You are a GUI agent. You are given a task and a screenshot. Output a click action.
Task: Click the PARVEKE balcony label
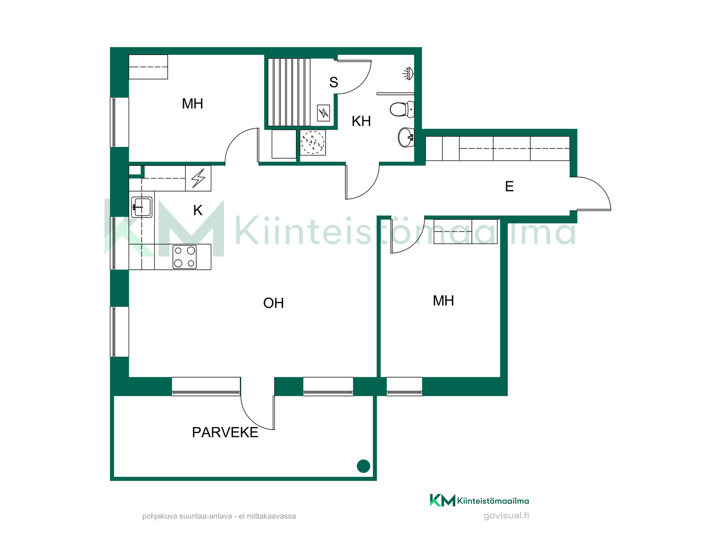[x=225, y=432]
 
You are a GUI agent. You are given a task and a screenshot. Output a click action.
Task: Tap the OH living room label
[x=273, y=303]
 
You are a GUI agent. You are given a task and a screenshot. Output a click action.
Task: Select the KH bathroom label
[x=361, y=121]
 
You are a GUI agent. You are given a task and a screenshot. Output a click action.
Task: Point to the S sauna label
[x=333, y=82]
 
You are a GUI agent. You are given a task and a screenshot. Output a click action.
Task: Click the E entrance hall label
[x=509, y=186]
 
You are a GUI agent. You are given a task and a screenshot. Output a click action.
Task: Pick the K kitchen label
[x=198, y=210]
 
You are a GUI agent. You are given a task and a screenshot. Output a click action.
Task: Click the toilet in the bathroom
[x=402, y=109]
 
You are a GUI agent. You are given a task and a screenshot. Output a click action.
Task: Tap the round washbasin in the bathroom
[x=406, y=137]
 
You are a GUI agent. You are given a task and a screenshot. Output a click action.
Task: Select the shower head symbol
[x=408, y=73]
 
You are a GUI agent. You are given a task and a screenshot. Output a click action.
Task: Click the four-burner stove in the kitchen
[x=184, y=257]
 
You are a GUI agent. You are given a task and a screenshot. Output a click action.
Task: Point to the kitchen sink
[x=142, y=207]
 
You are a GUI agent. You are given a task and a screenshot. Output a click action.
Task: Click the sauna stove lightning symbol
[x=323, y=113]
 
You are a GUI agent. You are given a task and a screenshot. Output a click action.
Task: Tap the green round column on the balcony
[x=363, y=466]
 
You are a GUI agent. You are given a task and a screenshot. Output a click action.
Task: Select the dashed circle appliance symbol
[x=313, y=143]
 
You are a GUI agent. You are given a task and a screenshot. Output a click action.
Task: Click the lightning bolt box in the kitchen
[x=198, y=178]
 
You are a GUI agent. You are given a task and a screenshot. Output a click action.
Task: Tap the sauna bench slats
[x=289, y=92]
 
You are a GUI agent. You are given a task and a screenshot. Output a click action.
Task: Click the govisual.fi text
[x=506, y=515]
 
